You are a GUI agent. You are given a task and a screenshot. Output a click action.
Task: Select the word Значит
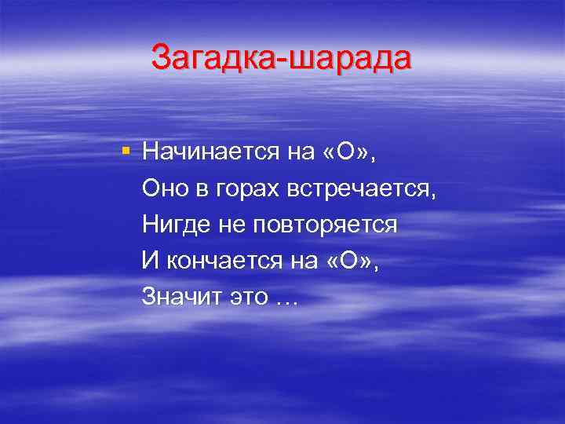pyautogui.click(x=177, y=297)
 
